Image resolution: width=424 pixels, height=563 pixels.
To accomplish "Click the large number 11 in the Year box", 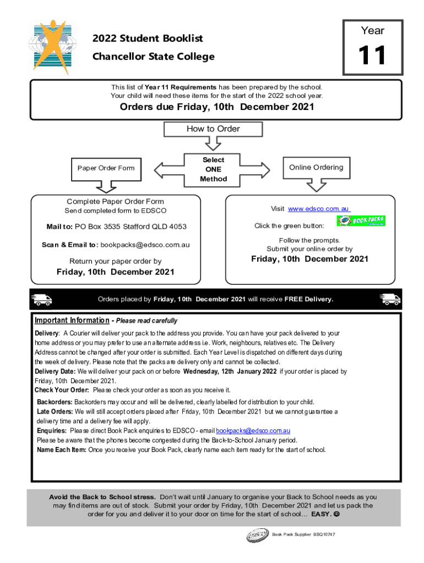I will pos(373,56).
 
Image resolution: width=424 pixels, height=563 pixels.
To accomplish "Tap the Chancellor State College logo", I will pos(51,48).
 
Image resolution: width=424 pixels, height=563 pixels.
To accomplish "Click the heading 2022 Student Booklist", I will pos(148,38).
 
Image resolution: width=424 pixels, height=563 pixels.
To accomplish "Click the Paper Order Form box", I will pos(106,168).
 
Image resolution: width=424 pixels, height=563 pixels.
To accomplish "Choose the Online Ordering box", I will pos(316,168).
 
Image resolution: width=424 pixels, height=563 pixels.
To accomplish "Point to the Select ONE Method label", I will pos(213,169).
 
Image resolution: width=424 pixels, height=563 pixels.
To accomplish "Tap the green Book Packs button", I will pos(361,221).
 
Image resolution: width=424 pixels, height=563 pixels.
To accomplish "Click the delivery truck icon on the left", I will pos(42,300).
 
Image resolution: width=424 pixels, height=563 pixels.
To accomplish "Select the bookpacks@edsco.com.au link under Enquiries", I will pos(253,430).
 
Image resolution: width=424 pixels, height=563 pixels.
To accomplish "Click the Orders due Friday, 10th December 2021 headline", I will pos(217,107).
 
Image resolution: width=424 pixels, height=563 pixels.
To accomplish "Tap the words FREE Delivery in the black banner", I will pos(308,300).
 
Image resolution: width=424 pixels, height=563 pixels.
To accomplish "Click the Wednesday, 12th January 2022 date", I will pos(230,372).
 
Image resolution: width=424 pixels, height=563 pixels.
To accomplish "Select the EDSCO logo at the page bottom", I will pos(257,534).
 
